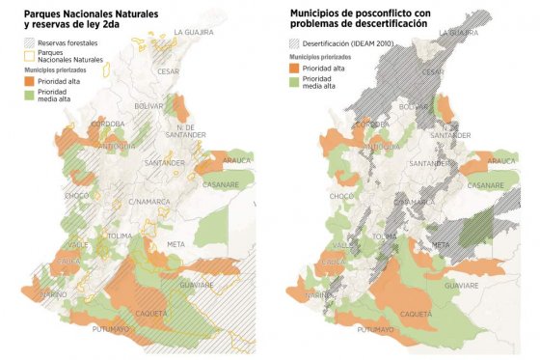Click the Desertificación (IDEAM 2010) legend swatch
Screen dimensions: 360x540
(x=296, y=44)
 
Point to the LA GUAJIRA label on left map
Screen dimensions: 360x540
(x=193, y=33)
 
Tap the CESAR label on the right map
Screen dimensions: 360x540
(x=434, y=72)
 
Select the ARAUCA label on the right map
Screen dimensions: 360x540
(x=502, y=161)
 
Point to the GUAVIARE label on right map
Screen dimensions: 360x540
(x=462, y=287)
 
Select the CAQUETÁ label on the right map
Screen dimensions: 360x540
(x=416, y=314)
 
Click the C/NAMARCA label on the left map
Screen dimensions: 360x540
(x=147, y=202)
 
